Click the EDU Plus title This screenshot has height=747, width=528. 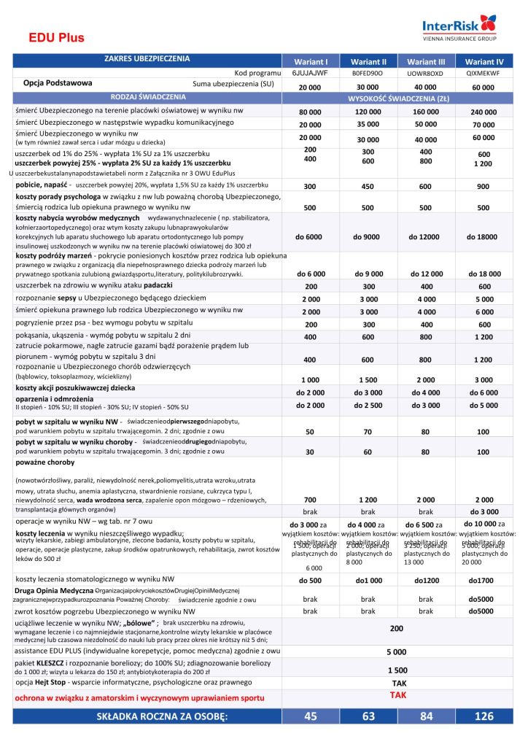click(57, 38)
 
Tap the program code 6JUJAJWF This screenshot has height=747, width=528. click(310, 74)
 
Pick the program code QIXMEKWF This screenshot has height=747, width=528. click(484, 74)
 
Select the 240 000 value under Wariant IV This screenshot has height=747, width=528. click(483, 112)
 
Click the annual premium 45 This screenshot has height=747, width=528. click(311, 716)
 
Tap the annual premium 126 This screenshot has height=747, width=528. click(483, 716)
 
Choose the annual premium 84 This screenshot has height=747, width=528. click(426, 716)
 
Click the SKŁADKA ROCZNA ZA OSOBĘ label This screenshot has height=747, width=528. click(162, 716)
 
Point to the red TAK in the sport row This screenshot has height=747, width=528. click(397, 696)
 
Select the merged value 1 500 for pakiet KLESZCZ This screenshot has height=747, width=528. click(397, 669)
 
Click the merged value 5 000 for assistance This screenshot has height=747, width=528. click(397, 653)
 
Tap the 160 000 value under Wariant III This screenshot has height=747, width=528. click(426, 112)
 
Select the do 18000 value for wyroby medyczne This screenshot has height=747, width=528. click(483, 237)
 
